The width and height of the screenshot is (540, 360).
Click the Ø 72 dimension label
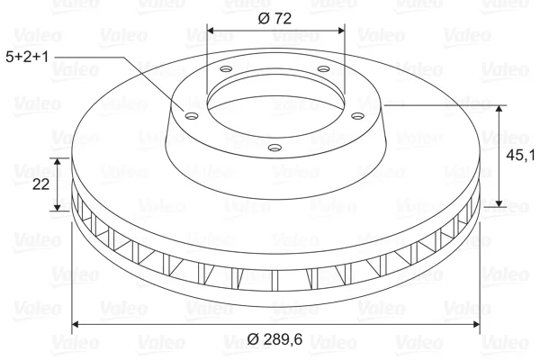tap(274, 18)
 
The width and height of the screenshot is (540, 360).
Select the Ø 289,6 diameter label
tap(274, 339)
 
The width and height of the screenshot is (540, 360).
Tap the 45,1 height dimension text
tap(520, 156)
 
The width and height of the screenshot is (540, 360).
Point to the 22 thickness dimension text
tap(41, 184)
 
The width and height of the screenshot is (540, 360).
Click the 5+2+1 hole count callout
tap(28, 57)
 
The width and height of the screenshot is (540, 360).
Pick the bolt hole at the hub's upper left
tap(226, 69)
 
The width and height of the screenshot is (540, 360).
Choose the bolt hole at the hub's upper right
tap(323, 69)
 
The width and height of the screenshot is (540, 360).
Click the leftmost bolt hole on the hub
tap(192, 116)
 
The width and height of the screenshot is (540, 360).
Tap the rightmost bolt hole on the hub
tap(358, 116)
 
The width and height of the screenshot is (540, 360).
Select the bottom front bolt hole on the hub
tap(274, 148)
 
